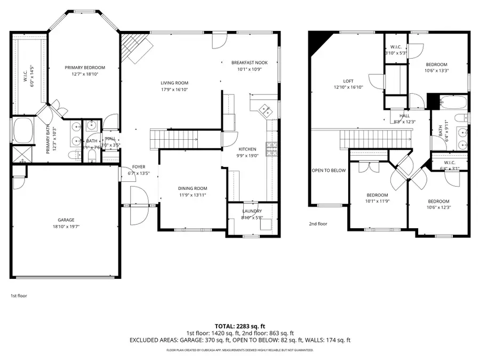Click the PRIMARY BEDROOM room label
click(x=85, y=68)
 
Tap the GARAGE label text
click(x=66, y=220)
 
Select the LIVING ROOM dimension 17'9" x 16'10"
click(x=174, y=90)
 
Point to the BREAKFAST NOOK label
click(x=249, y=62)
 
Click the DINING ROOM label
click(x=193, y=188)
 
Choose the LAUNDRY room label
click(x=252, y=211)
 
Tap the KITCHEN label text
click(x=247, y=149)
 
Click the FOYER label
click(x=139, y=166)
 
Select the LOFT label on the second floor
click(x=348, y=81)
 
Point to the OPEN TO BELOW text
click(x=329, y=171)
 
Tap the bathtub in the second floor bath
click(x=453, y=102)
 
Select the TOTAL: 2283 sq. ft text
click(x=239, y=325)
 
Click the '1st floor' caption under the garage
click(x=19, y=295)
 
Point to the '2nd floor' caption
click(x=318, y=224)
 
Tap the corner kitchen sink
click(x=264, y=110)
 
